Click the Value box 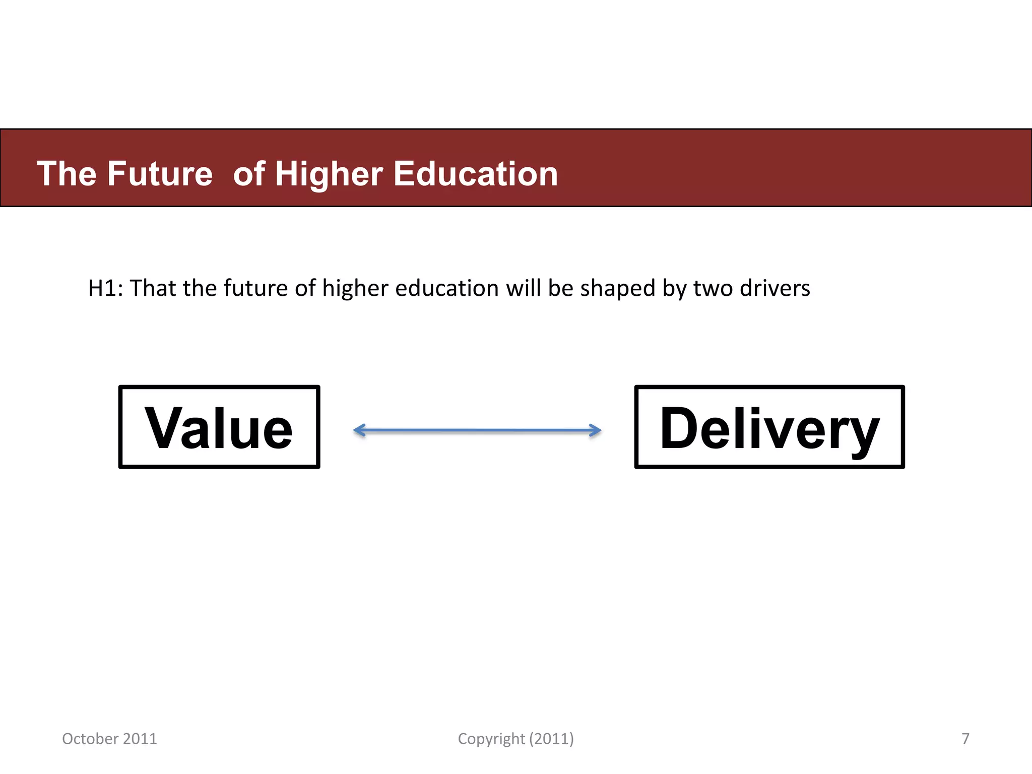[219, 427]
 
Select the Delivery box [769, 427]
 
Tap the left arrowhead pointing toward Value [359, 430]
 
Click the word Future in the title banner [160, 174]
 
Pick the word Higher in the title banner [329, 174]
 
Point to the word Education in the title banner [475, 174]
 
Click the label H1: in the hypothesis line [105, 289]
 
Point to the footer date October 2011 [109, 739]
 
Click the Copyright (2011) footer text [515, 739]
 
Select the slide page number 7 [965, 739]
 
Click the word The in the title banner [66, 174]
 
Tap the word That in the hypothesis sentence [153, 289]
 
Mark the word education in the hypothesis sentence [447, 289]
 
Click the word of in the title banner [249, 174]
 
